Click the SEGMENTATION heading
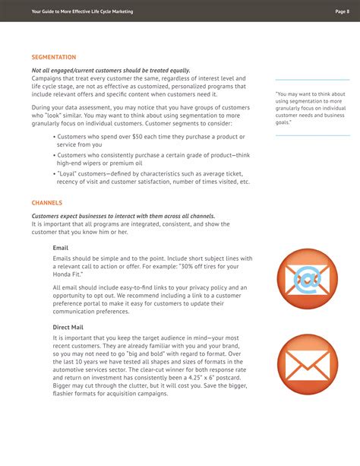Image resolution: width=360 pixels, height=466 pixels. (x=54, y=57)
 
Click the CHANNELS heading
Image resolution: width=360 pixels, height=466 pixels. (x=47, y=203)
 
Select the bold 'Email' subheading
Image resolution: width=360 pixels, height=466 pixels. (x=61, y=248)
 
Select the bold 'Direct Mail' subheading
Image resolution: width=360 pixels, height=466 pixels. (x=68, y=327)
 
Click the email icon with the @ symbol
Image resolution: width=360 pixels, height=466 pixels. (x=307, y=279)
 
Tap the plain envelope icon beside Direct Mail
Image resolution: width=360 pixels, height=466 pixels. (x=307, y=363)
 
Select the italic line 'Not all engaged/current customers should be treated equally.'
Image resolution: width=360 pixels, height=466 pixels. (x=111, y=71)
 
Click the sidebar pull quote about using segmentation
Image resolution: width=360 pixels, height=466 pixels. (x=311, y=108)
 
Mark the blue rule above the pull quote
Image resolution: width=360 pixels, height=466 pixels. (x=312, y=80)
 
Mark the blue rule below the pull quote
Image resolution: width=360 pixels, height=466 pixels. (x=312, y=135)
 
